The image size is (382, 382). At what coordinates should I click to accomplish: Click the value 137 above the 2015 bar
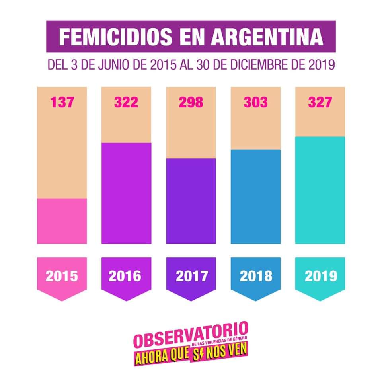pos(62,103)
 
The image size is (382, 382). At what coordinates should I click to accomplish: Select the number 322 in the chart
pos(126,103)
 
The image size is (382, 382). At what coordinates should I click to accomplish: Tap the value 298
pos(191,103)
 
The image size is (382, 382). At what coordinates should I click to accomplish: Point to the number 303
pos(255,103)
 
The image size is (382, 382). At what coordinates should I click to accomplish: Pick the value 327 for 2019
pos(320,103)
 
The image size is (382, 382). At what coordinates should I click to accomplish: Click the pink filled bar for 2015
pos(62,221)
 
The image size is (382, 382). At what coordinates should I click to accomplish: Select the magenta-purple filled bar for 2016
pos(126,193)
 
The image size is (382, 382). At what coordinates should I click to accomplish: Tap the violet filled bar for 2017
pos(191,201)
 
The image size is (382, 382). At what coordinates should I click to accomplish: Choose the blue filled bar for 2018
pos(255,197)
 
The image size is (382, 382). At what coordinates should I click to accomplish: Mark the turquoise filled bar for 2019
pos(320,190)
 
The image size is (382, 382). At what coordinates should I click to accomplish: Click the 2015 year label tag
pos(62,276)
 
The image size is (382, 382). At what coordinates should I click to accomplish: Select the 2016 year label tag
pos(126,276)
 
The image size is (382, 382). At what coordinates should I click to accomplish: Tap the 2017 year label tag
pos(191,276)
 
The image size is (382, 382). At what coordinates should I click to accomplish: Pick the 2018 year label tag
pos(255,276)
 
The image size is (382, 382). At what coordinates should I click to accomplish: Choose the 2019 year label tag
pos(320,276)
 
